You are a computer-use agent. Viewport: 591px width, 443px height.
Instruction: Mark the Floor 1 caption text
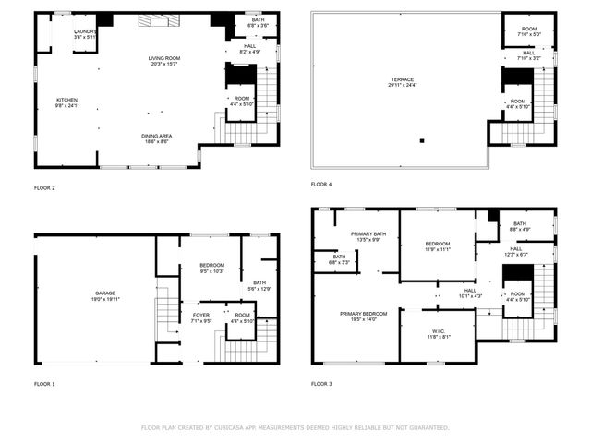click(x=44, y=383)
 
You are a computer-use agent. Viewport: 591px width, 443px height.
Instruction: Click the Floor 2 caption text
click(x=44, y=188)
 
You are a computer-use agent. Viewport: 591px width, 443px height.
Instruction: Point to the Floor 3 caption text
click(x=321, y=383)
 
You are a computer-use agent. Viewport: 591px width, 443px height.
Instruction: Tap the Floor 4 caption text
click(x=321, y=184)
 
